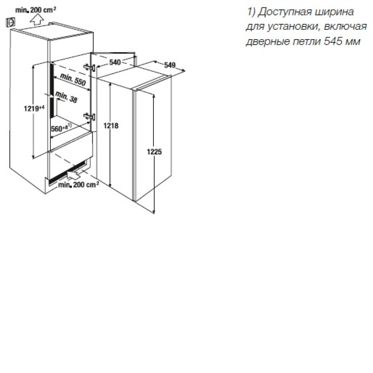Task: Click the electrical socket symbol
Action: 10,22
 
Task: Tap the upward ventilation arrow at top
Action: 37,19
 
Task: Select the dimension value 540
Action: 115,62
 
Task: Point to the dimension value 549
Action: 170,65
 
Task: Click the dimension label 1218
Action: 111,125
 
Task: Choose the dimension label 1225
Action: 154,152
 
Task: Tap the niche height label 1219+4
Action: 34,108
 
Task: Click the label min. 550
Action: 73,79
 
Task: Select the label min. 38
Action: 66,97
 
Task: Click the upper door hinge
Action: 90,67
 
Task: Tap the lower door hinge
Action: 90,117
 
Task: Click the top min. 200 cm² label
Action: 36,10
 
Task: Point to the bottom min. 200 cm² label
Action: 78,185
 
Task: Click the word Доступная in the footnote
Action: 282,12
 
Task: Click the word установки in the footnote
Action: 291,27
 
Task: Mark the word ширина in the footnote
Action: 334,12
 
